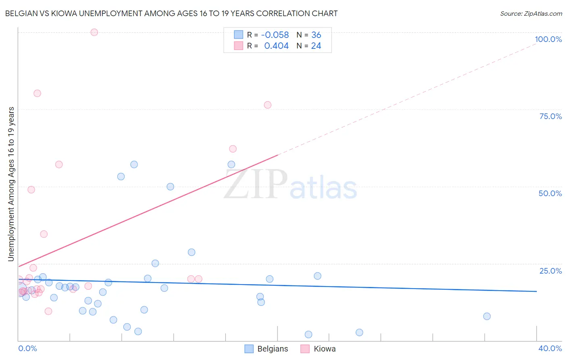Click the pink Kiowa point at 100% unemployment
click(94, 32)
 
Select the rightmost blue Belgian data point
click(487, 316)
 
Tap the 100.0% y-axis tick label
click(548, 39)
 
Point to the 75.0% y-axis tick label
click(550, 116)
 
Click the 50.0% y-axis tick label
click(550, 193)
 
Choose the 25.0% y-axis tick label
click(550, 271)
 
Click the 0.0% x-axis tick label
click(27, 348)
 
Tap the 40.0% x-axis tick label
click(550, 348)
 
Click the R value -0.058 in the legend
click(275, 35)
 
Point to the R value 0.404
click(276, 46)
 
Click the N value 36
click(316, 35)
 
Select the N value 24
click(316, 46)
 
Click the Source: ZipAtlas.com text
click(531, 14)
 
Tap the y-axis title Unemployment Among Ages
click(11, 184)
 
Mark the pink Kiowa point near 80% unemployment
click(37, 93)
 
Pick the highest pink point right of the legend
click(267, 105)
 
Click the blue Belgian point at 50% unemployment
click(170, 186)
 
